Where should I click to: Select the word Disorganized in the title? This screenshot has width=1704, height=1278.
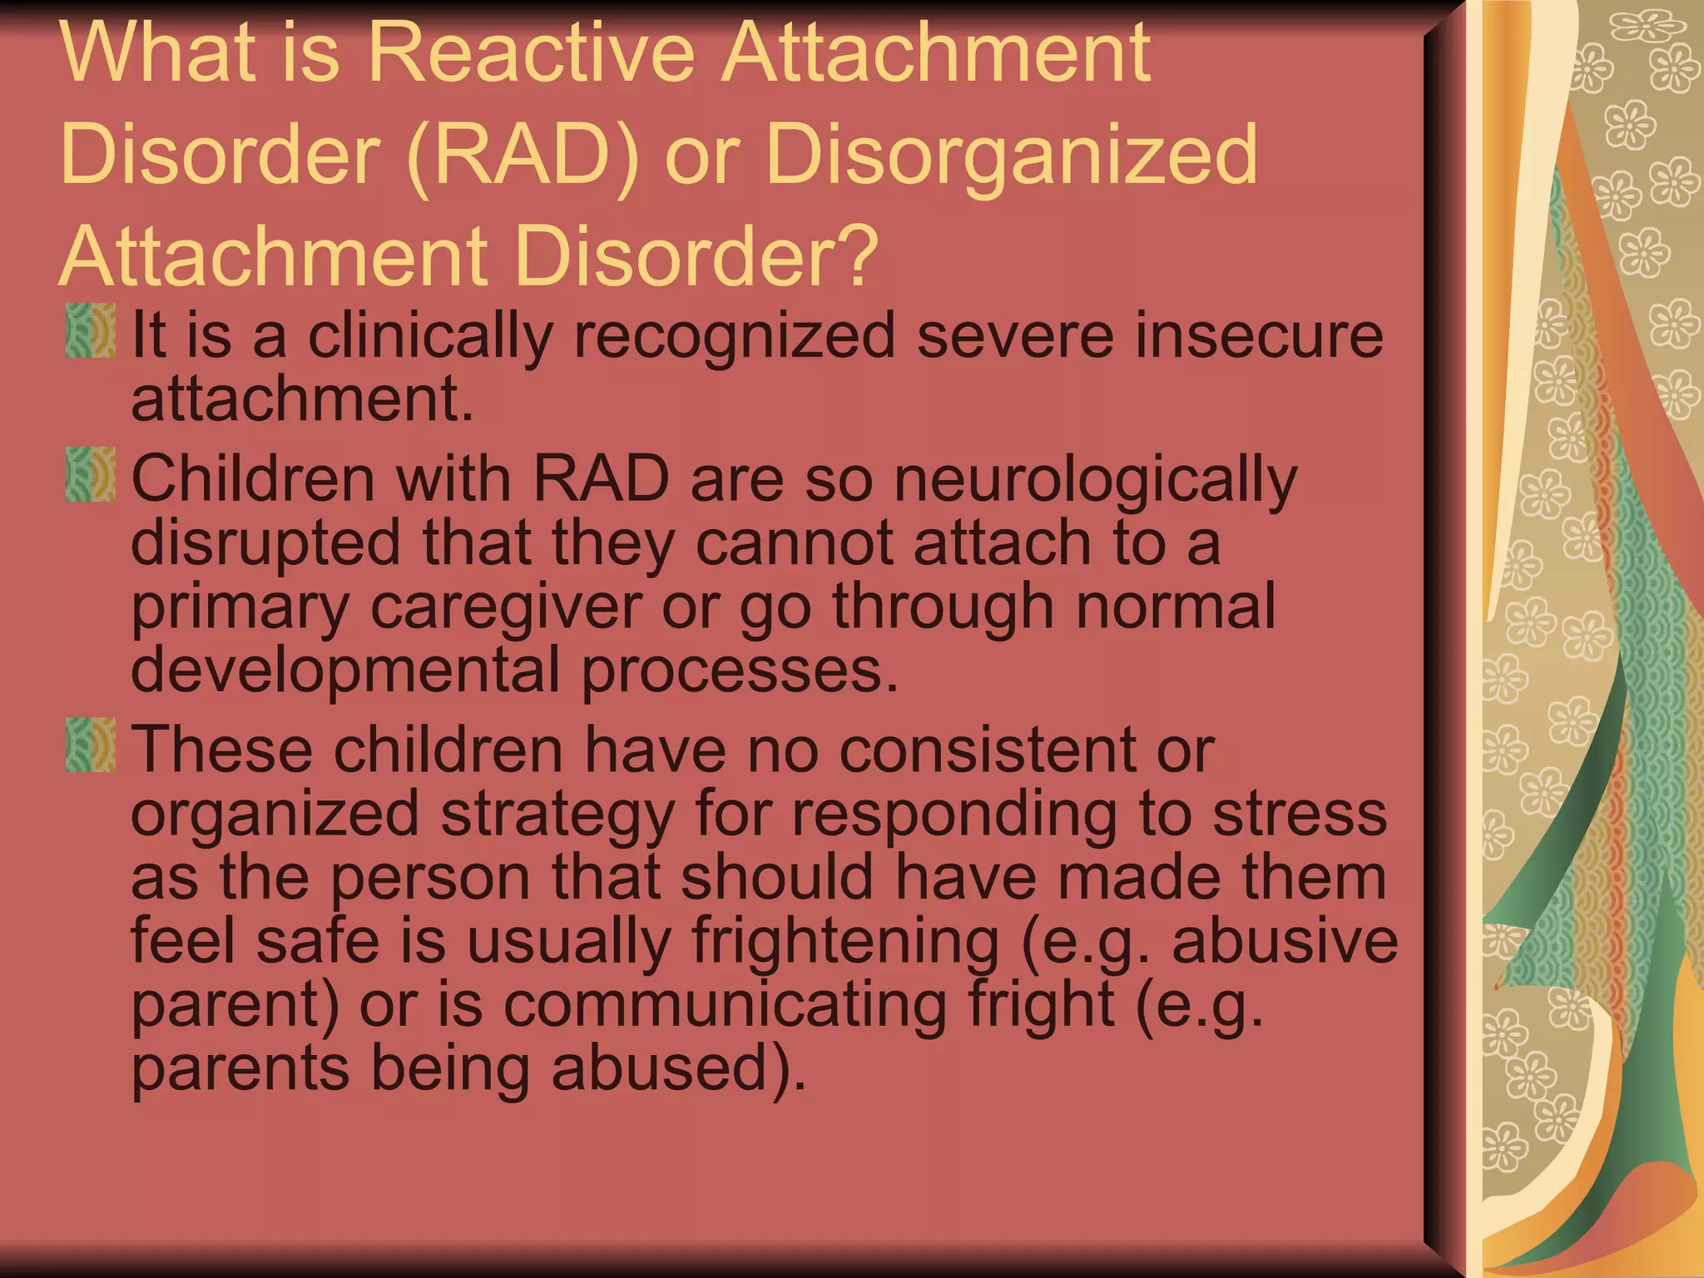point(1011,154)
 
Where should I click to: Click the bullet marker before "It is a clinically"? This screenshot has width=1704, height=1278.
point(90,330)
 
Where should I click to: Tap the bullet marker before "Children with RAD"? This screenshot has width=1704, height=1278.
point(90,475)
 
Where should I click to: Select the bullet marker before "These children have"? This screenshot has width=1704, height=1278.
point(90,745)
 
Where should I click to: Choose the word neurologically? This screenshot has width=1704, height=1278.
point(1095,481)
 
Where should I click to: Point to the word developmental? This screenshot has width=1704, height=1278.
point(345,671)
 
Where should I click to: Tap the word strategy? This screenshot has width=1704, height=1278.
point(557,815)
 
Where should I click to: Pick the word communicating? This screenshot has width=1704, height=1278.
point(725,1005)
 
